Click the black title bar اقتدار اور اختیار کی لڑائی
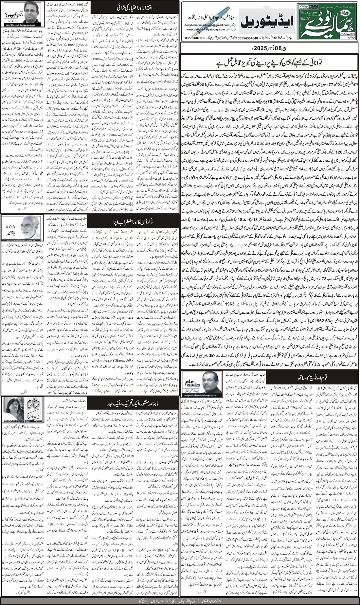coord(135,7)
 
